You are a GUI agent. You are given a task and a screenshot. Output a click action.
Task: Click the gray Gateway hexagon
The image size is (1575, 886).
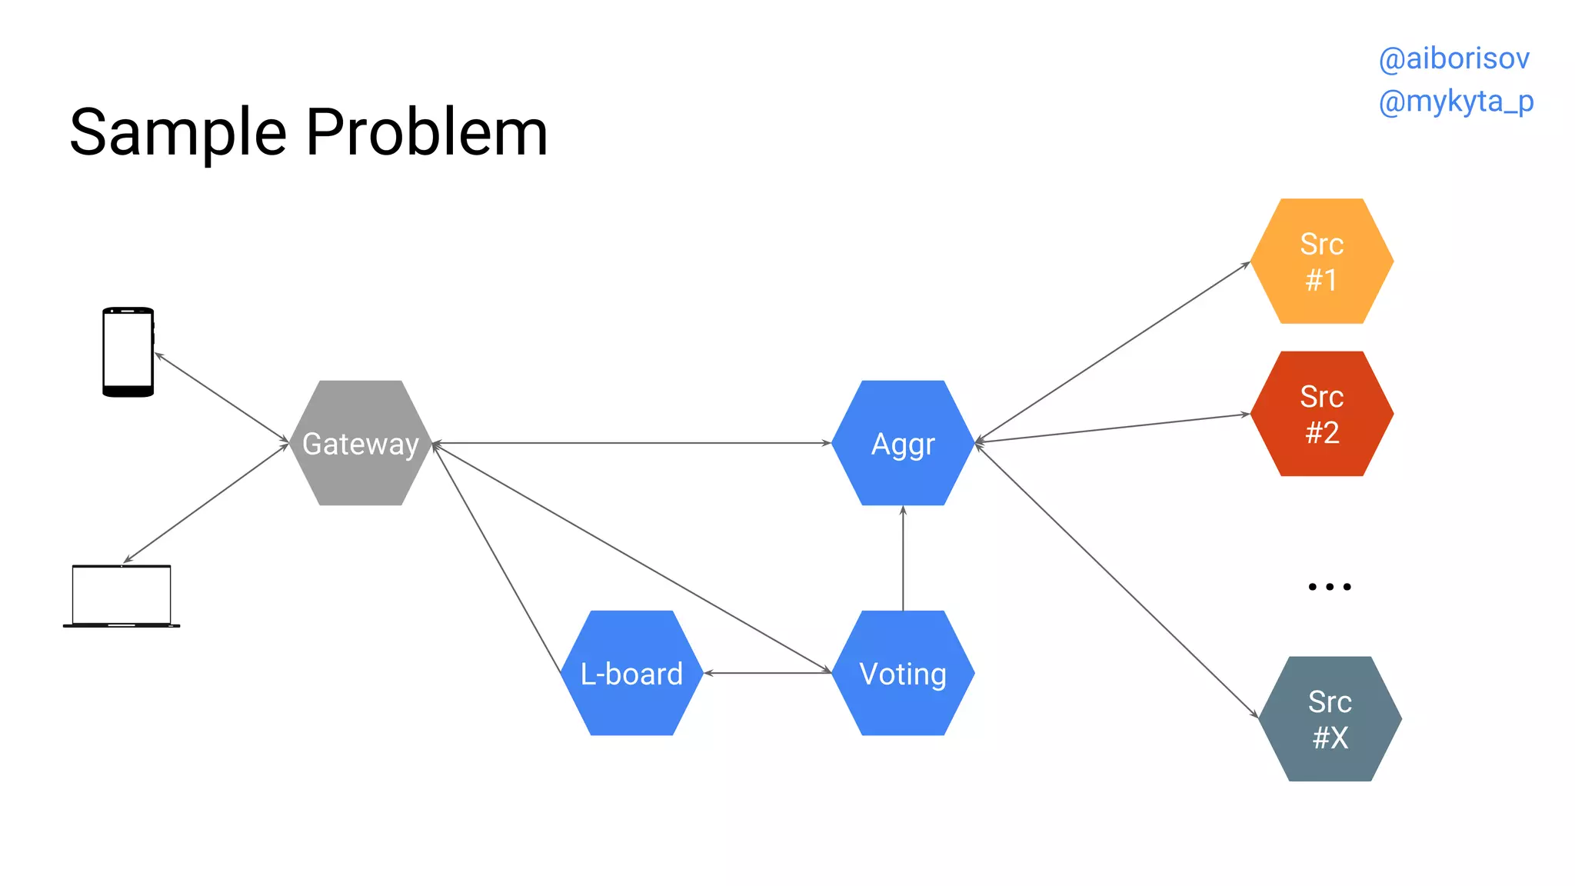(x=361, y=443)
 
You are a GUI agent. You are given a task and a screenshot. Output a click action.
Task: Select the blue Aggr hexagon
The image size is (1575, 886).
(x=903, y=443)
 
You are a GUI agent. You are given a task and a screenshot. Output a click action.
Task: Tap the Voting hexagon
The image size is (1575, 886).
(x=903, y=673)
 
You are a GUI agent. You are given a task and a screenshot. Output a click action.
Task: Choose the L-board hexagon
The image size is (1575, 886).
(x=631, y=673)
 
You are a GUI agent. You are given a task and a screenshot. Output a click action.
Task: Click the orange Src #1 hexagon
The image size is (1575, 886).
(x=1321, y=261)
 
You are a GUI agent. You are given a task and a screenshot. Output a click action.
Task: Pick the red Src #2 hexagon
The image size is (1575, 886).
(x=1321, y=414)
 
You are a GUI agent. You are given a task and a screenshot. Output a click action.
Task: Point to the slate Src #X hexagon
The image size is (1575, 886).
(x=1330, y=719)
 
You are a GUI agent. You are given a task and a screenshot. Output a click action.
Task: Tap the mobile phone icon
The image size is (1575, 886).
(x=128, y=352)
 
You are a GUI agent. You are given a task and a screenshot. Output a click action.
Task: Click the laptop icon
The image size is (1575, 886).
(x=122, y=597)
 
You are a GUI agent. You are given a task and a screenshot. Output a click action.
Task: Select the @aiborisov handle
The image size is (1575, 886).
(x=1453, y=59)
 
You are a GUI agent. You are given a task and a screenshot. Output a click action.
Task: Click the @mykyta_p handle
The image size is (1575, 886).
(x=1456, y=102)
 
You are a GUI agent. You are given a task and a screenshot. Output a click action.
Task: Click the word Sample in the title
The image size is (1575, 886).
(x=178, y=132)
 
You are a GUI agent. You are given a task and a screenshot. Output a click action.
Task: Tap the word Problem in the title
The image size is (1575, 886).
(x=427, y=132)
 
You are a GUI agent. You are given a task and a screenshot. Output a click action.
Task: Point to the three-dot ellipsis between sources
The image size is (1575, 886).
(x=1329, y=587)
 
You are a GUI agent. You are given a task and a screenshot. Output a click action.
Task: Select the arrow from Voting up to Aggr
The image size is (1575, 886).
(x=903, y=558)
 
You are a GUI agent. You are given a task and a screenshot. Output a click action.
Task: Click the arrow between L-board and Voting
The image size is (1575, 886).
(x=768, y=673)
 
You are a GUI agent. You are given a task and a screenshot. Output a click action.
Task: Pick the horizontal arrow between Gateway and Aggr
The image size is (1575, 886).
(x=631, y=443)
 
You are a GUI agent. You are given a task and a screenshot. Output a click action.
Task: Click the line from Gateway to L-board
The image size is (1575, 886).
(x=496, y=558)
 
